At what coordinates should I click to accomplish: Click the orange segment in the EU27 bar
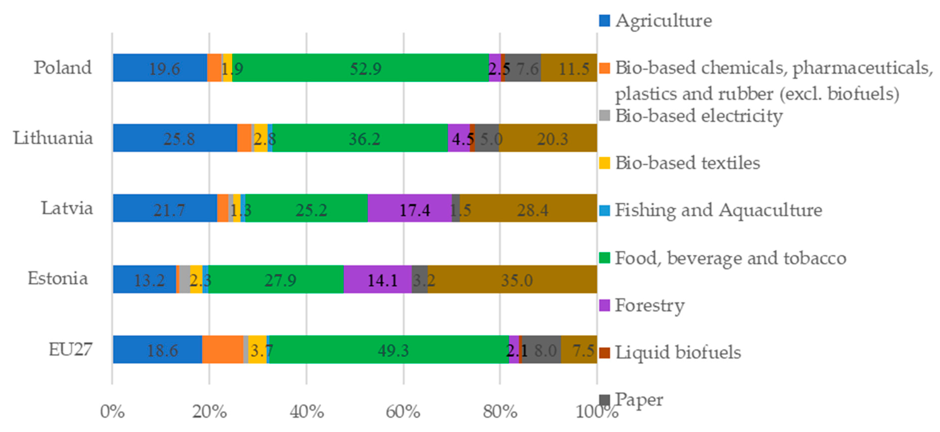[223, 350]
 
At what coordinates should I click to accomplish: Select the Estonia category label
[58, 279]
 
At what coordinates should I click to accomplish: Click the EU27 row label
[70, 350]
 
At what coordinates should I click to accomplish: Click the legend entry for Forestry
[649, 305]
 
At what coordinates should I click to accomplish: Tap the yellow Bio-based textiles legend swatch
[605, 163]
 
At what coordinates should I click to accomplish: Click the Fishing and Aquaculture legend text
[718, 210]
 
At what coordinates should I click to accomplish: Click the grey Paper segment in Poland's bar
[522, 68]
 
